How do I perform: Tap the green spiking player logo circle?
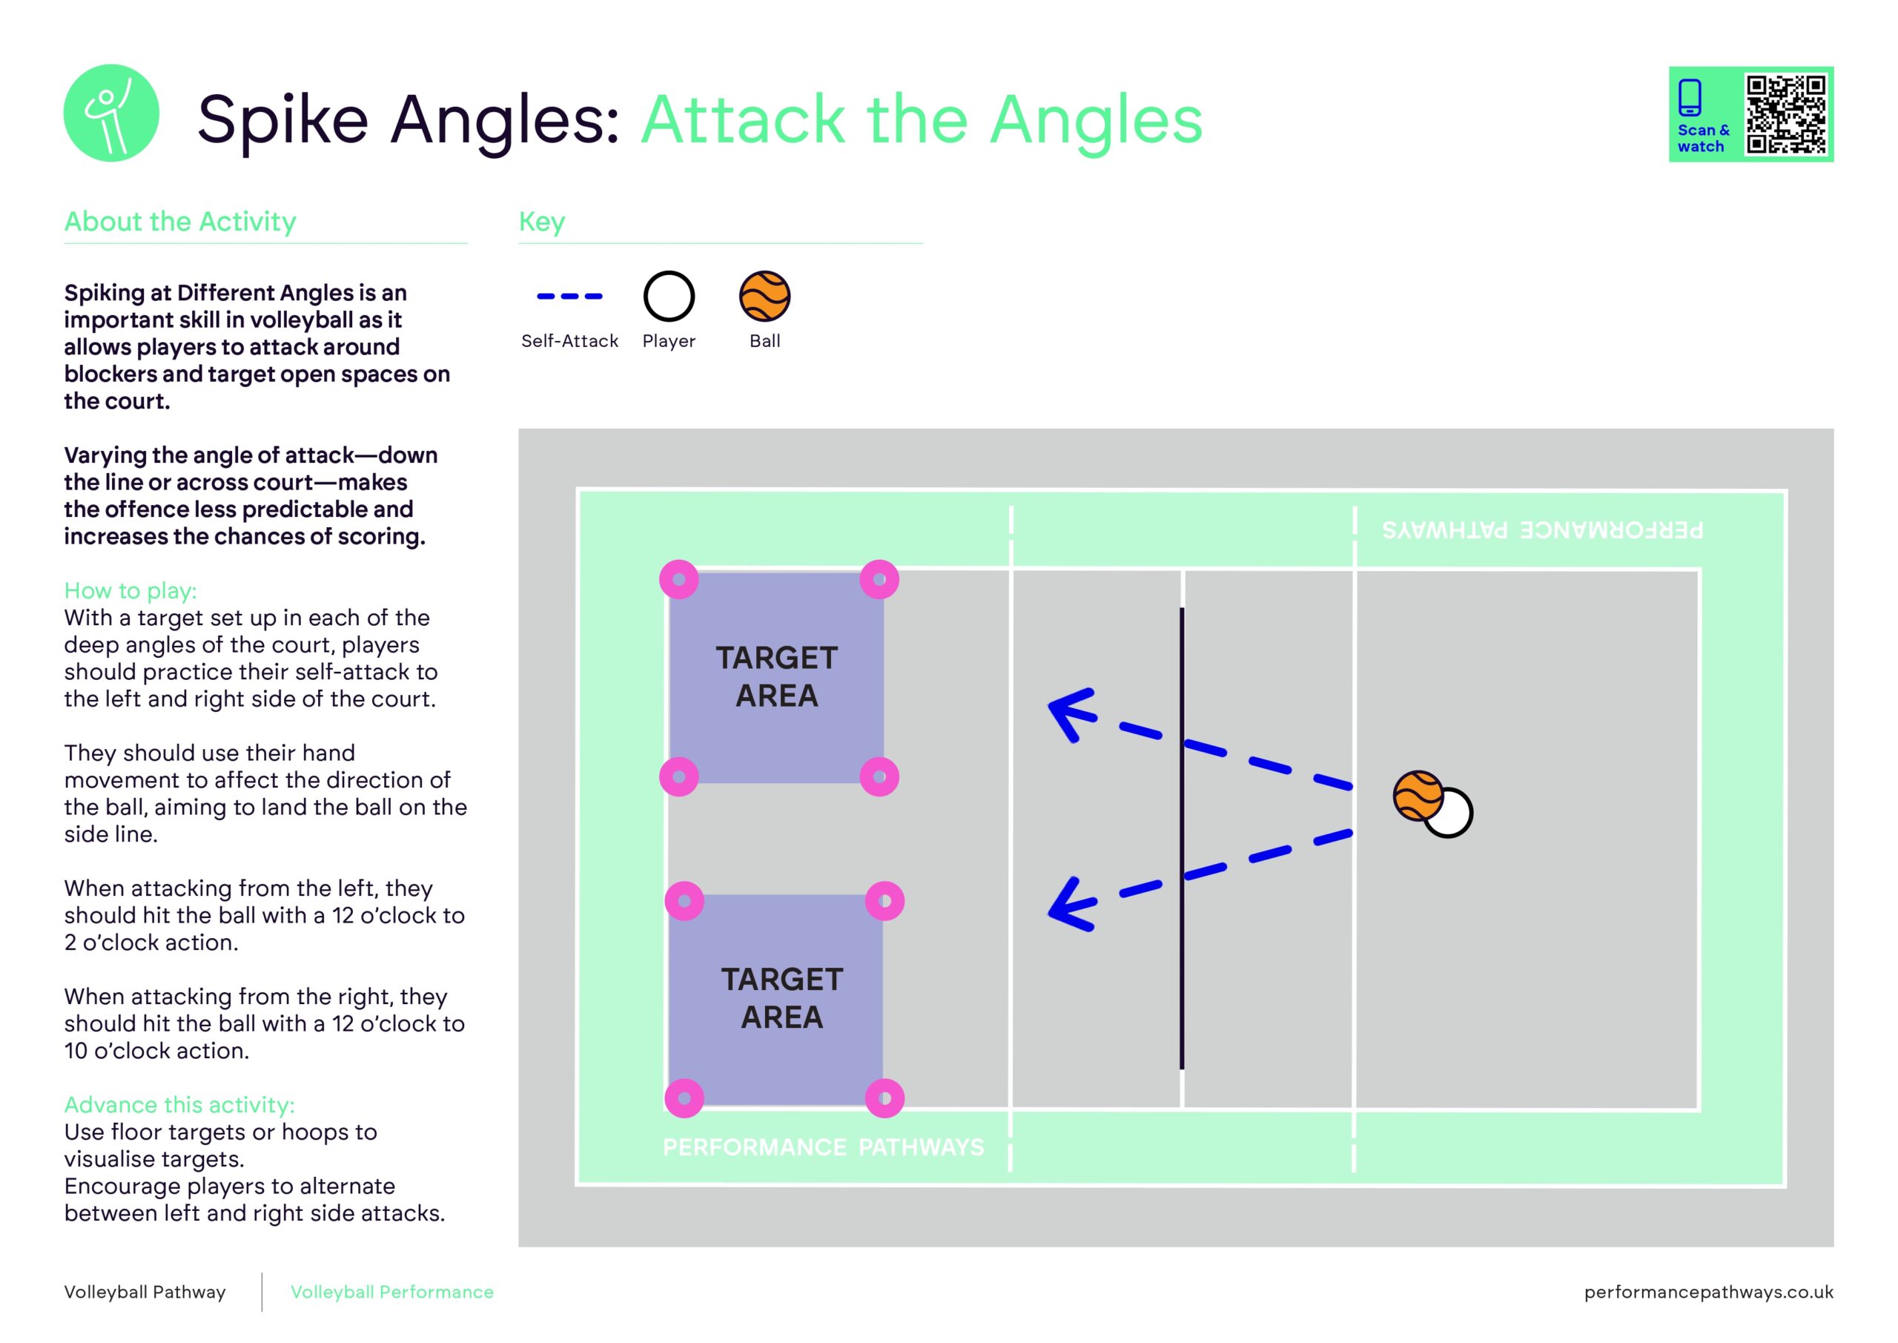[x=112, y=113]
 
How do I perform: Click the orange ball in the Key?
[x=764, y=296]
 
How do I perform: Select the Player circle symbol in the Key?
[x=669, y=296]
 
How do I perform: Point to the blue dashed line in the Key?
[x=569, y=296]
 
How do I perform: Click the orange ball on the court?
[x=1417, y=796]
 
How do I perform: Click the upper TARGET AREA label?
[x=776, y=676]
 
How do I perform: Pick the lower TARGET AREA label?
[x=781, y=998]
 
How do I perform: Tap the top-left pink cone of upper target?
[x=678, y=580]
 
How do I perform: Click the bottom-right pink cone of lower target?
[x=884, y=1098]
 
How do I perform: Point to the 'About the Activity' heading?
[x=180, y=222]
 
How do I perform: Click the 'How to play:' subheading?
[x=130, y=590]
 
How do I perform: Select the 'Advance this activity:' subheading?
[x=179, y=1105]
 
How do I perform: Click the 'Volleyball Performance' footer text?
[x=392, y=1292]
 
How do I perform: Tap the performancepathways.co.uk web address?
[x=1708, y=1292]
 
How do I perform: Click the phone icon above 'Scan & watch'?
[x=1690, y=98]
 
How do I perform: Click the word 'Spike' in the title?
[x=282, y=120]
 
